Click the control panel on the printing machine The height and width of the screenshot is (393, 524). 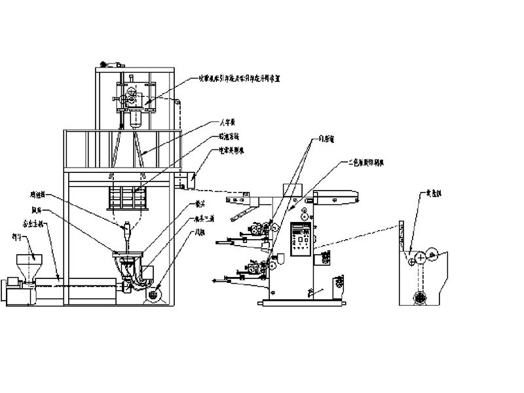(x=301, y=237)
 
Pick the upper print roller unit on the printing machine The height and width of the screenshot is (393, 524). (x=257, y=230)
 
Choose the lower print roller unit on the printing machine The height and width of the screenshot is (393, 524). (x=257, y=267)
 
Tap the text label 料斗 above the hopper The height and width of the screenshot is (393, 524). (x=17, y=236)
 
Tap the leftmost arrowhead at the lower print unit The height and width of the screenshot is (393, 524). (x=215, y=280)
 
